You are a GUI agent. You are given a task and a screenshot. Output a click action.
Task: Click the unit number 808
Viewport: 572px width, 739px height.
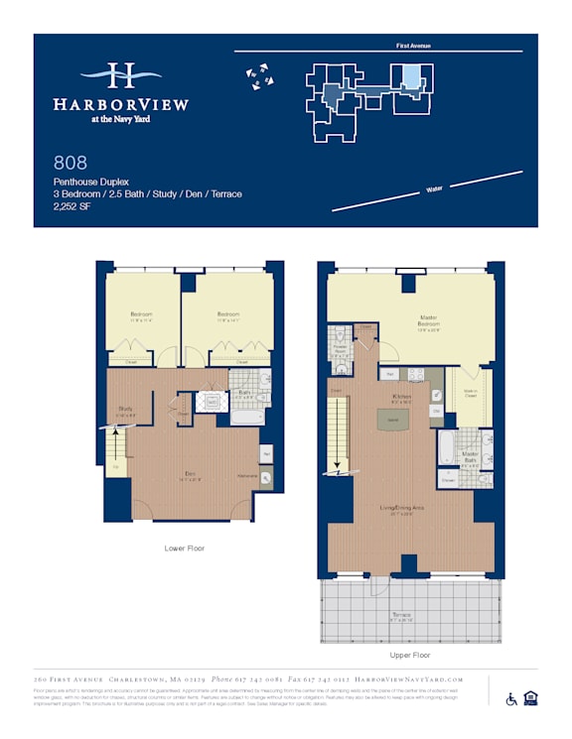[71, 163]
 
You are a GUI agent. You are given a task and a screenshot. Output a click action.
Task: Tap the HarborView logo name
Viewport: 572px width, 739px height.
[120, 103]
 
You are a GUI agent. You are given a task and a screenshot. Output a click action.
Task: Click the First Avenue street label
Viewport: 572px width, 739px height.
[412, 46]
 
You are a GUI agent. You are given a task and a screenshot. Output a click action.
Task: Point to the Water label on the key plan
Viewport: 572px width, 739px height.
[433, 188]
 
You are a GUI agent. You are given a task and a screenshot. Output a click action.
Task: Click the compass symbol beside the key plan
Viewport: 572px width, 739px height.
[260, 75]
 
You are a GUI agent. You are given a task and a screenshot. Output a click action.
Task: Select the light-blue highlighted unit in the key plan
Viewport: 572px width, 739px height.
[408, 76]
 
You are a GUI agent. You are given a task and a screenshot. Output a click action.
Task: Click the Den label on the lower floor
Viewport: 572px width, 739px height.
[189, 474]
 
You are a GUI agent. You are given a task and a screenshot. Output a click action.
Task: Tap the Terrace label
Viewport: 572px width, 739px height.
[402, 615]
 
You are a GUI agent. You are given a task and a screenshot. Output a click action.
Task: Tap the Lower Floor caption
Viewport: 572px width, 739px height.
[185, 548]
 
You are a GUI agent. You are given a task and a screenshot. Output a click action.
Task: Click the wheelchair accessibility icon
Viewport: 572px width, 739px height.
[512, 698]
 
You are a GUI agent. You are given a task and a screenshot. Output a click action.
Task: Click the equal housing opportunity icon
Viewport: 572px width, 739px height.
[530, 698]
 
